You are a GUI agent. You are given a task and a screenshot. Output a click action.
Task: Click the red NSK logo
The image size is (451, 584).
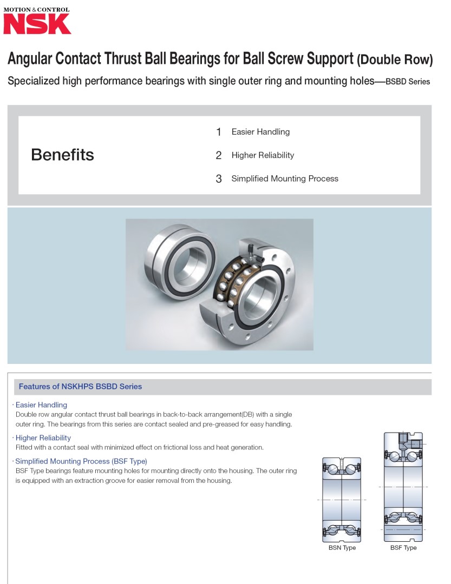[x=37, y=24]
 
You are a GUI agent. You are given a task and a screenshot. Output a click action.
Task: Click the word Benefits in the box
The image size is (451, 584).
[x=62, y=155]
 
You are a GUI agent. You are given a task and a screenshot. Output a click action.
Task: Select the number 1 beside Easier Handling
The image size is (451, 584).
[x=219, y=132]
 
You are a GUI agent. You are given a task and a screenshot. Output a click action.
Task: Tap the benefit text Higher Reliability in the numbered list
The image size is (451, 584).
[x=263, y=155]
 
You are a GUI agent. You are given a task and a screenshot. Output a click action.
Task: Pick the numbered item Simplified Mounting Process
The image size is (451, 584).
[x=285, y=178]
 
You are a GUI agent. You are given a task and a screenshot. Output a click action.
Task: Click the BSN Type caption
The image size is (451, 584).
[x=342, y=548]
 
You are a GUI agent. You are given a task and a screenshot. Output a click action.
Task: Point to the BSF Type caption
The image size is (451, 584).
[x=403, y=548]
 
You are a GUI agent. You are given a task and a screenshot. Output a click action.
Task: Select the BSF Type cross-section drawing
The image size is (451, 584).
[x=403, y=487]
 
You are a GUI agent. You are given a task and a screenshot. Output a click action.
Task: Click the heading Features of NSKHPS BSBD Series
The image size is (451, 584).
[x=80, y=387]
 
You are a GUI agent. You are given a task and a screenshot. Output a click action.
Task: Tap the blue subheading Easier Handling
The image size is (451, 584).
[x=41, y=405]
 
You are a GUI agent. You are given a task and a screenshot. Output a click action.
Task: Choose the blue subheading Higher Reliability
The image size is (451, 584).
[x=43, y=438]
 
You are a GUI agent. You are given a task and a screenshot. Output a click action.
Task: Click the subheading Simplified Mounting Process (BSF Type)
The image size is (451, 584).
[x=81, y=461]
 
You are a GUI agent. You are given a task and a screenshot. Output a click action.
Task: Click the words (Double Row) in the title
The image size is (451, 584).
[x=395, y=59]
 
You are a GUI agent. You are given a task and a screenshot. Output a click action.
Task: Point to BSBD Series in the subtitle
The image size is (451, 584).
[x=408, y=82]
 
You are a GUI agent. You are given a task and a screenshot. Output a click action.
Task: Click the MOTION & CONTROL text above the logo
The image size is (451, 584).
[x=37, y=9]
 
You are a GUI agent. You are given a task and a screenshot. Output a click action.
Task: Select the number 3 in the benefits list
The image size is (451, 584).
[x=219, y=179]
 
